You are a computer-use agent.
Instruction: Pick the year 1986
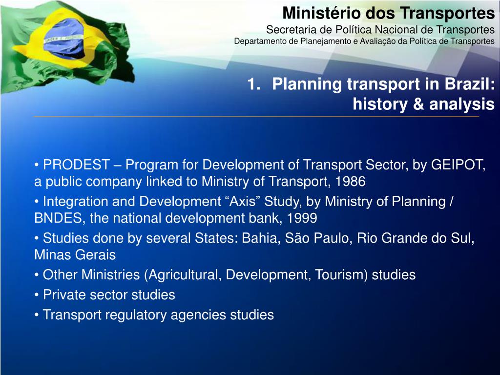350,182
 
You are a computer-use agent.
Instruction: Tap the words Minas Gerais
75,255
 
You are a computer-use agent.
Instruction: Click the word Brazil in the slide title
467,84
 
